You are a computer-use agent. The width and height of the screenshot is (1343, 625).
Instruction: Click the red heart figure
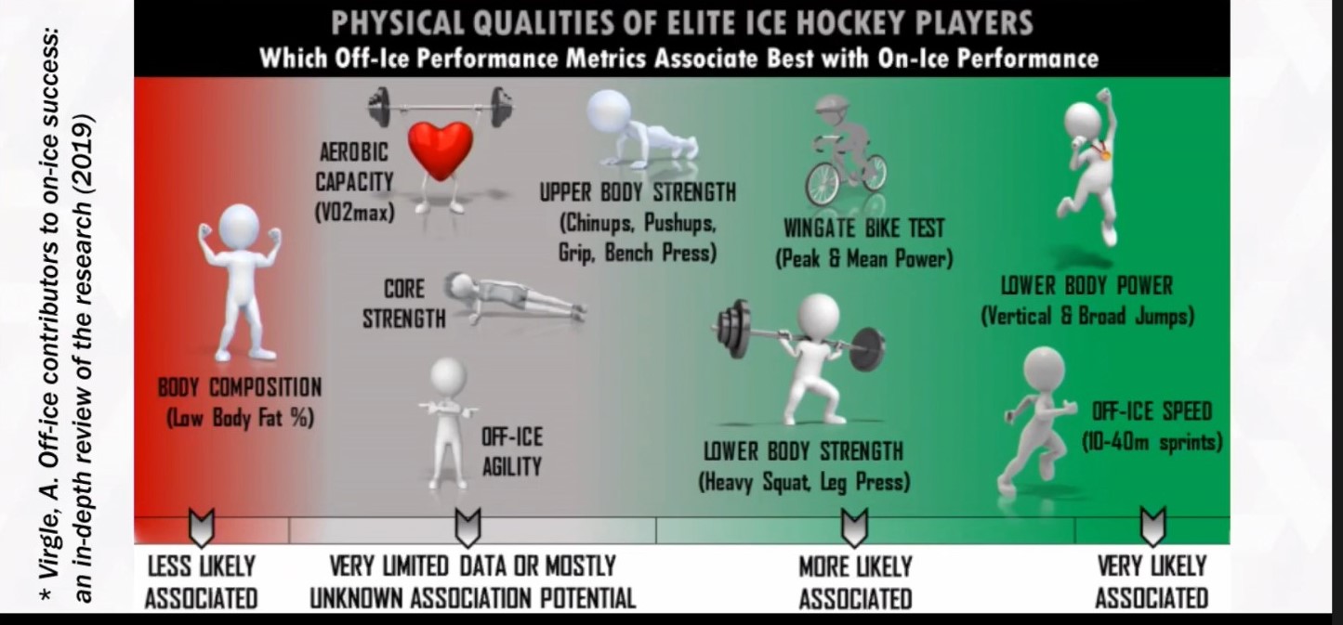[x=441, y=150]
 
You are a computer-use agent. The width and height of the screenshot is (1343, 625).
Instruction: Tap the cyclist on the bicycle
[x=846, y=150]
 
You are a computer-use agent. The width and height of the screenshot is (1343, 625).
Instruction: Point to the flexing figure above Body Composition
[x=240, y=281]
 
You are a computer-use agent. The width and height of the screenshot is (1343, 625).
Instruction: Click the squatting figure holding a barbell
[x=803, y=359]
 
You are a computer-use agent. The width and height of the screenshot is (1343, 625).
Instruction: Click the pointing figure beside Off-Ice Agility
[x=448, y=423]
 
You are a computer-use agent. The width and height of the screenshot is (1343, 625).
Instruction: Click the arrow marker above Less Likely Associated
[x=202, y=527]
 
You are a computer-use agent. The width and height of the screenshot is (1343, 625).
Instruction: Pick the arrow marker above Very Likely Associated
[x=1152, y=527]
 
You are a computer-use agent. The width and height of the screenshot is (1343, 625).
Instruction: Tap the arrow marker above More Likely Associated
[x=854, y=527]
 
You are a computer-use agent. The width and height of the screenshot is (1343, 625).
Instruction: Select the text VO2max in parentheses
[x=355, y=212]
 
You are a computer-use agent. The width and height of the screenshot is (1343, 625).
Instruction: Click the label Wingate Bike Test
[x=864, y=228]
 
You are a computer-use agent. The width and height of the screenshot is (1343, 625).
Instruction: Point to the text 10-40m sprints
[x=1152, y=443]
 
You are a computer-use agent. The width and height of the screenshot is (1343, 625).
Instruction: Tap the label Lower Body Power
[x=1087, y=286]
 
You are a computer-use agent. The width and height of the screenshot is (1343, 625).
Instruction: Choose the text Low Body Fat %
[x=240, y=418]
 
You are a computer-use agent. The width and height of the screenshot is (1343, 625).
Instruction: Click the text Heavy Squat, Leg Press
[x=804, y=482]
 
